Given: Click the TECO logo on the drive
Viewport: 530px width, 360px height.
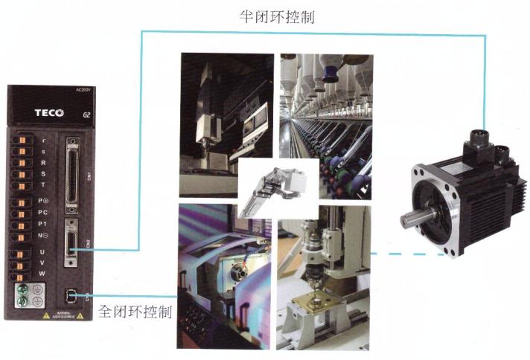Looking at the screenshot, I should click(x=48, y=113).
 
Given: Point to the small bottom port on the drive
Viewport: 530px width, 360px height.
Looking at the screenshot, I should click(x=71, y=296).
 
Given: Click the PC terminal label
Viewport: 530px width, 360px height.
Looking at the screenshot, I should click(x=43, y=213).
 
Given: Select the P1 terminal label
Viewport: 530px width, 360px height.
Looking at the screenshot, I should click(x=43, y=225).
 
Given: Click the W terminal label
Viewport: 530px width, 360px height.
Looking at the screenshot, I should click(x=43, y=274).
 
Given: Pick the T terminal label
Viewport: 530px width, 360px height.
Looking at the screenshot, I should click(x=43, y=174).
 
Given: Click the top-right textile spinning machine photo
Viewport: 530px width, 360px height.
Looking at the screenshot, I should click(x=326, y=123).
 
